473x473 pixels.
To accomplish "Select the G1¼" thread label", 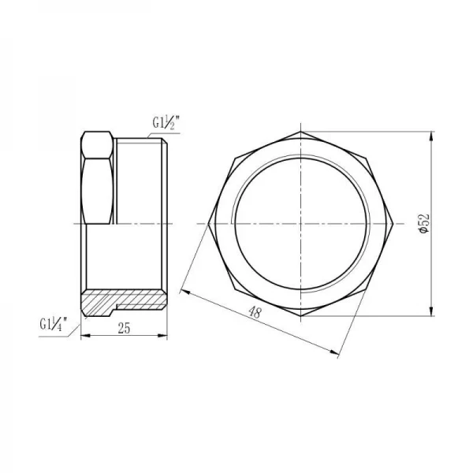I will tap(54, 322).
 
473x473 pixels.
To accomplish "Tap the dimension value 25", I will tap(124, 330).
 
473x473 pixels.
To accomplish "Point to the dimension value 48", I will tap(254, 313).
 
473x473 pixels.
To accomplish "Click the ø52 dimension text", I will tap(423, 224).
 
